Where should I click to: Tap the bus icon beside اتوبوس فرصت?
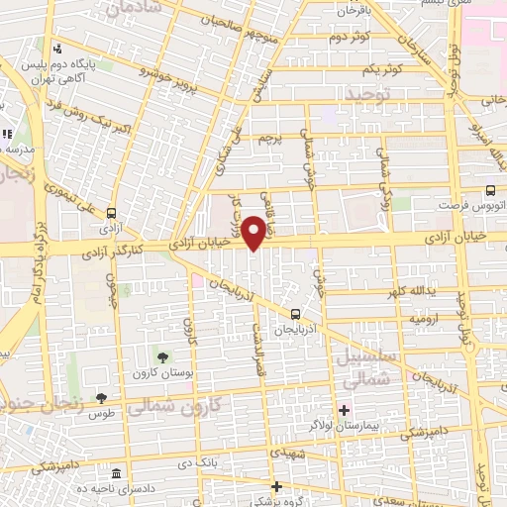tap(491, 192)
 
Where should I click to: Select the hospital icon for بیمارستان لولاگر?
tap(345, 410)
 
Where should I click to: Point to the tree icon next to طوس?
tap(101, 397)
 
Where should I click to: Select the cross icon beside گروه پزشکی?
tap(276, 486)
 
